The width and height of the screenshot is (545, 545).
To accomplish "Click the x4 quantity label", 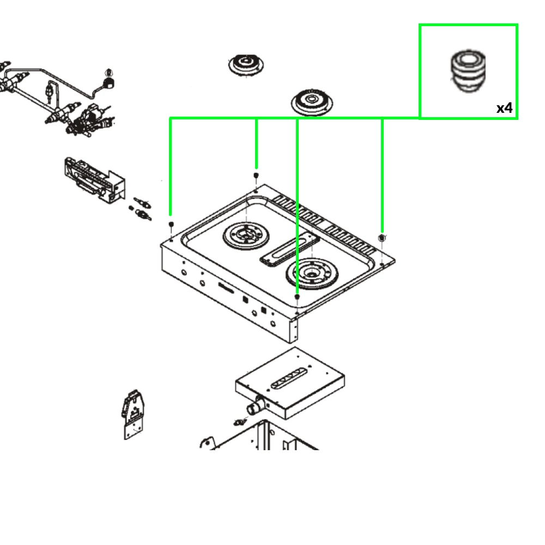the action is click(504, 108).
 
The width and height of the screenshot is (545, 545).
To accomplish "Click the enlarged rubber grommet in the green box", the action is click(468, 71).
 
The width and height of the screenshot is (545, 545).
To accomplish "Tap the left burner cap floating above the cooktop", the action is click(246, 64).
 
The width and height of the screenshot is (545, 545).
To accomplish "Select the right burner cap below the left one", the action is click(312, 102).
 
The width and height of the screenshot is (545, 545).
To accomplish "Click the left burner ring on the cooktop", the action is click(246, 236).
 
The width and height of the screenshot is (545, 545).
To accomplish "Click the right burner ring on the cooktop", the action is click(312, 274).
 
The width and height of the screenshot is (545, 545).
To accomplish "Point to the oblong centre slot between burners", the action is click(289, 249).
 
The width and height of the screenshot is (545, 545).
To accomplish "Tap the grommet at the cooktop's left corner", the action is click(171, 224).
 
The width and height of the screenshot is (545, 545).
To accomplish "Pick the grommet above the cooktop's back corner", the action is click(256, 175).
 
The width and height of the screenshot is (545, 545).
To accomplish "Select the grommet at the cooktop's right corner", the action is click(381, 238).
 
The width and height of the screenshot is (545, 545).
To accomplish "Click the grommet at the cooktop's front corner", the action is click(297, 297).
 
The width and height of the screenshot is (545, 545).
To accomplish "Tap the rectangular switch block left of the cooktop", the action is click(94, 180).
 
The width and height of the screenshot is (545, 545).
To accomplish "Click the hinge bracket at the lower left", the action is click(133, 415).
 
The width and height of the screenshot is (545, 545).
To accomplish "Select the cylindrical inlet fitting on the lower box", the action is click(256, 405).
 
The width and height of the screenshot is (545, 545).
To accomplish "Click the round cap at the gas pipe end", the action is click(110, 82).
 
